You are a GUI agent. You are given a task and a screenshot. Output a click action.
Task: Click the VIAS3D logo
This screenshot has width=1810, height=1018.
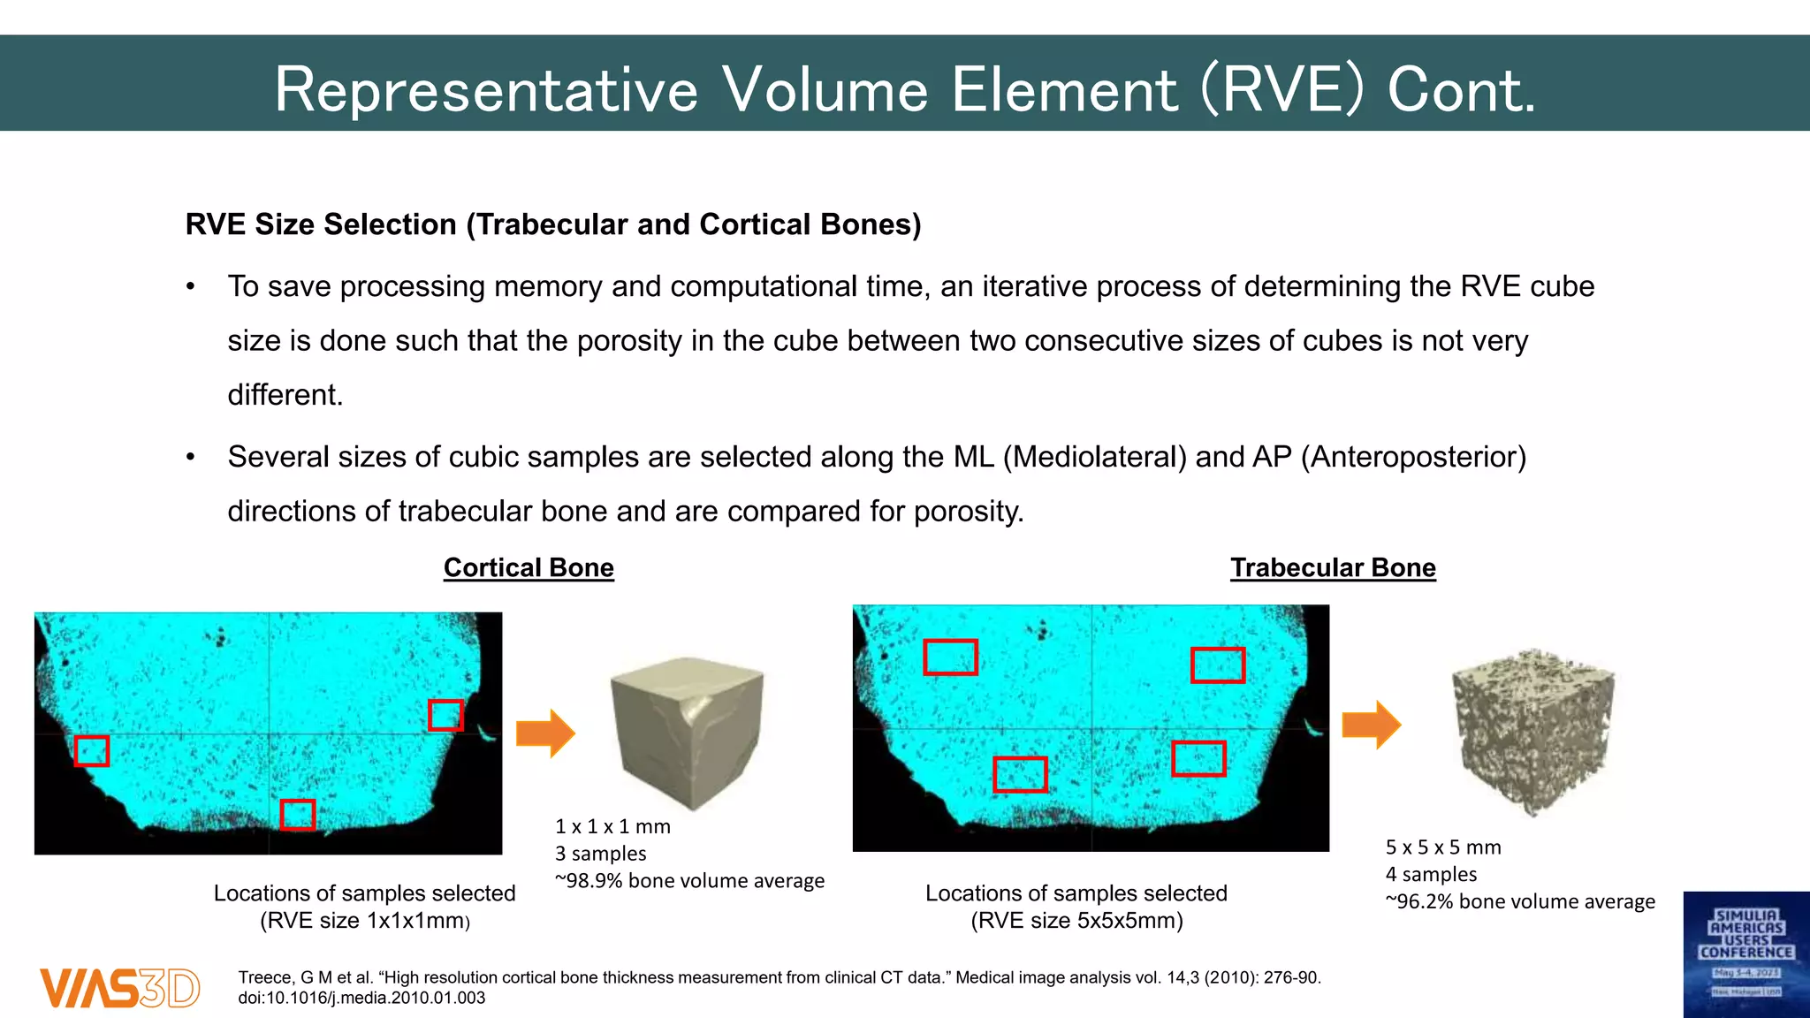119,987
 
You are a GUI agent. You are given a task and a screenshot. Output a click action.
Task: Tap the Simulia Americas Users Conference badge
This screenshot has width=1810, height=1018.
1745,954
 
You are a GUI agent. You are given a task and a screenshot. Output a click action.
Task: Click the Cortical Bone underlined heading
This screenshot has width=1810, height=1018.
529,567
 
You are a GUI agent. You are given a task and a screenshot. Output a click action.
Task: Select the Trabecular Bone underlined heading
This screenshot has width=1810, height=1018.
1333,567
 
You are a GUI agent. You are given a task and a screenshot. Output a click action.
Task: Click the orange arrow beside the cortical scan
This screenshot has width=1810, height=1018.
545,733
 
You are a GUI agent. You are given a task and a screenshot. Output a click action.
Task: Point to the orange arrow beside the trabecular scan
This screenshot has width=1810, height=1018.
1371,725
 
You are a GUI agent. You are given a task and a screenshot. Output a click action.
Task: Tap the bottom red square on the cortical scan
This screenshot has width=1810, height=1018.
298,815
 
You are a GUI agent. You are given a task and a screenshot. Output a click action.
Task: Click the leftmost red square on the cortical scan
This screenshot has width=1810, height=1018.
92,750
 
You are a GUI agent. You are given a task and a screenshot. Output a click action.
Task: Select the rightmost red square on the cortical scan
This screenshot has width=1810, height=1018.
445,715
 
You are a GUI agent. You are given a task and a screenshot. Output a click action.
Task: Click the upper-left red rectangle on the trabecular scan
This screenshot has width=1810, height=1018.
950,657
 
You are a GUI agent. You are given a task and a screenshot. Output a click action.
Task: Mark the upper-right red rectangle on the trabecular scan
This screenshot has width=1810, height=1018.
1218,665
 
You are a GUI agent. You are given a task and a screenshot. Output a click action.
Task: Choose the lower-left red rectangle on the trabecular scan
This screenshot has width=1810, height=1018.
1020,774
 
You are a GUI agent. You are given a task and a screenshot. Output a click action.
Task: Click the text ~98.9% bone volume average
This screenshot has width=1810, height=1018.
689,881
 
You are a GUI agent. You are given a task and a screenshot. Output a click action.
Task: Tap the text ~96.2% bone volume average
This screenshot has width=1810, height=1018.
1520,901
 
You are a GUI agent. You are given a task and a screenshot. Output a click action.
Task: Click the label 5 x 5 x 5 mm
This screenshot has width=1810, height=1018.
1443,847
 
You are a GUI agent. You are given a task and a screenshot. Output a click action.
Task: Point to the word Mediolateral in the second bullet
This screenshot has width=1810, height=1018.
1095,457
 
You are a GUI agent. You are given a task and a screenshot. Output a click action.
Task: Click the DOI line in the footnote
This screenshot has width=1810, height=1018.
361,998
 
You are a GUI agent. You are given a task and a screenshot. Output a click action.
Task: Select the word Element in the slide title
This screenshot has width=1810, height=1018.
1064,90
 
